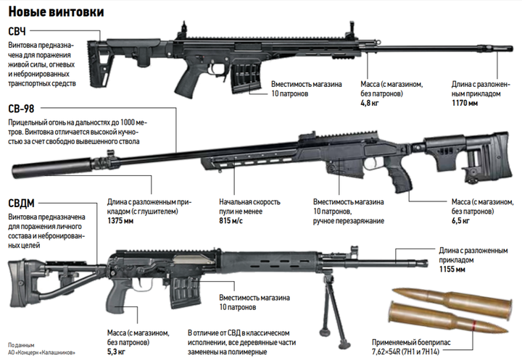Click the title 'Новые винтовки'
pyautogui.click(x=56, y=12)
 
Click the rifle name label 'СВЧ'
pyautogui.click(x=17, y=31)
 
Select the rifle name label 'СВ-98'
pyautogui.click(x=21, y=109)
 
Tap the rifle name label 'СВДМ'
pyautogui.click(x=21, y=203)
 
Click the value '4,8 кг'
pyautogui.click(x=370, y=103)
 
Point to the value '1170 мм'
pyautogui.click(x=465, y=103)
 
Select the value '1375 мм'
pyautogui.click(x=120, y=221)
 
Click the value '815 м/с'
pyautogui.click(x=231, y=221)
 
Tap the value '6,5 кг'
pyautogui.click(x=461, y=221)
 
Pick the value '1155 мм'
pyautogui.click(x=452, y=269)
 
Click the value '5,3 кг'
pyautogui.click(x=116, y=352)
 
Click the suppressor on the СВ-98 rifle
pyautogui.click(x=52, y=167)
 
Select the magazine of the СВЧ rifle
pyautogui.click(x=246, y=76)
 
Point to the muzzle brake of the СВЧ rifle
pyautogui.click(x=497, y=48)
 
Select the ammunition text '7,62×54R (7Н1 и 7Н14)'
pyautogui.click(x=405, y=351)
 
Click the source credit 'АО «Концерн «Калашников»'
pyautogui.click(x=41, y=353)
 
